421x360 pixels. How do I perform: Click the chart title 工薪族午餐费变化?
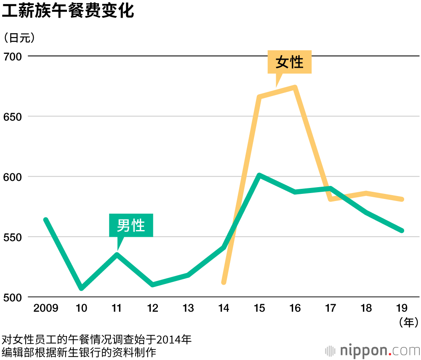tap(68, 11)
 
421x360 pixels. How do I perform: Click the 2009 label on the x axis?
tap(46, 308)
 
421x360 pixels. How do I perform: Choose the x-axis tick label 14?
tap(224, 308)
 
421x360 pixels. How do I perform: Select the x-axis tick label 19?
tap(402, 308)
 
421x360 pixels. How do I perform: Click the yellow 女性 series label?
tap(290, 62)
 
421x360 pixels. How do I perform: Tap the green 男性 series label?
tap(131, 226)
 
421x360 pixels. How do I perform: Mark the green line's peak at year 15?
tap(260, 175)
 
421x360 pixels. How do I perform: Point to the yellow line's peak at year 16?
tap(295, 87)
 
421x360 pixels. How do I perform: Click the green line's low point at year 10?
tap(82, 288)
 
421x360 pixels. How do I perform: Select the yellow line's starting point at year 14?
tap(224, 282)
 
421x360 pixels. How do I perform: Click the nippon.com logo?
tap(372, 350)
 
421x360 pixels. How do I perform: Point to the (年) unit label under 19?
tap(408, 323)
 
